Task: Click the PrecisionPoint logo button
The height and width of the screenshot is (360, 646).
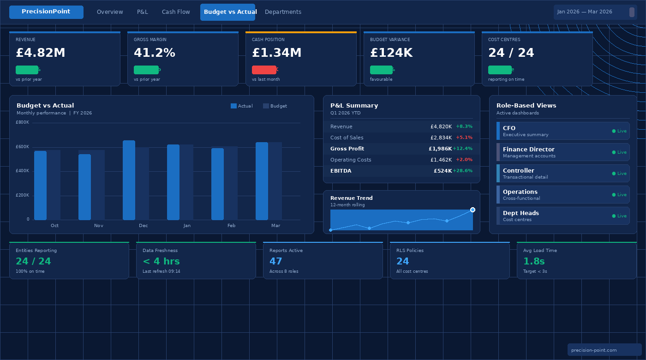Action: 46,12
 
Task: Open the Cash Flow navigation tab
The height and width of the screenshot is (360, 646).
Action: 176,12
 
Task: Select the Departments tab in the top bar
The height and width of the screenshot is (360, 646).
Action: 283,12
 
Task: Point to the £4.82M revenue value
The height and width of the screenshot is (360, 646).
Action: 41,53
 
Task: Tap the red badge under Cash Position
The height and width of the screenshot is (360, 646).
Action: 264,70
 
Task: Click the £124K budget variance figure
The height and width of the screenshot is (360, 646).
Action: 391,53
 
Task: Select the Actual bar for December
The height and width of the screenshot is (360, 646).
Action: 129,180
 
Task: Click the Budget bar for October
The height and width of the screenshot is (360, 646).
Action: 54,185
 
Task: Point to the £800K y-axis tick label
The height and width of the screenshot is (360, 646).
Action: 22,123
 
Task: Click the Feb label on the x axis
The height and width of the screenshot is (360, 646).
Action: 231,226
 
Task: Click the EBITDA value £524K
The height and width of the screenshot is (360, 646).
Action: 443,171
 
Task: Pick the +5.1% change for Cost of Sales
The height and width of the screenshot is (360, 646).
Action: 464,138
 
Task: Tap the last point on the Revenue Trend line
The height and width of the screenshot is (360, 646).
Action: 473,210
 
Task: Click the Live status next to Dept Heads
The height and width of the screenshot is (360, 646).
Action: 619,216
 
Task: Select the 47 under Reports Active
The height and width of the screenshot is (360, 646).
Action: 275,262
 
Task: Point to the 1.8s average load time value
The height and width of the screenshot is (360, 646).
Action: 534,262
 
